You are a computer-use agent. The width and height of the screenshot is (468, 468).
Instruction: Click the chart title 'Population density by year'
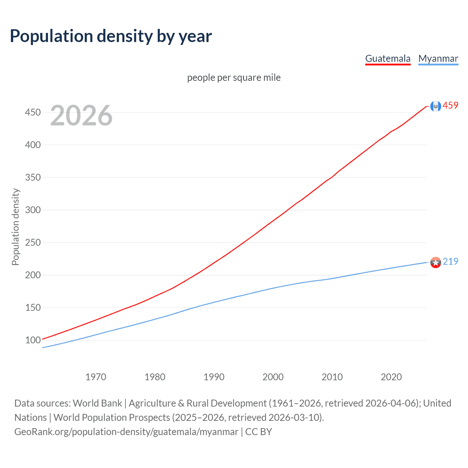click(111, 36)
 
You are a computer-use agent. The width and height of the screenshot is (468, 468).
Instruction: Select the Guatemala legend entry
click(388, 58)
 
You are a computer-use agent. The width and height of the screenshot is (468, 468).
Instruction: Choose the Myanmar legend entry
click(438, 58)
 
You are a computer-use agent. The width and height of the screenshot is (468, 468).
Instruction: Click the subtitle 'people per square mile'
click(234, 78)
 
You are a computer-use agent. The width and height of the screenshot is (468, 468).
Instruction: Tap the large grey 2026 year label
click(81, 116)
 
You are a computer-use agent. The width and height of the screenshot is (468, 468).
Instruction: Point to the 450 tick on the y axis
click(33, 112)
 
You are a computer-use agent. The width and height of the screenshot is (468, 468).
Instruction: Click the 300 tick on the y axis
click(33, 210)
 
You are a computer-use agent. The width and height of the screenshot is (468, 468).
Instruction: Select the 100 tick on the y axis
click(33, 340)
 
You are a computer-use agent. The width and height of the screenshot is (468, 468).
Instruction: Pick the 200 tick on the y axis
click(33, 275)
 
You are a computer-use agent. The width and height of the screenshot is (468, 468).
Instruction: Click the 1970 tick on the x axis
click(96, 377)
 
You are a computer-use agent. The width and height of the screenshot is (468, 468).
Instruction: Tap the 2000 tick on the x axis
click(273, 377)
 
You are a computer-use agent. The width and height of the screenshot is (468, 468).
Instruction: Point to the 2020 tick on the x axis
click(391, 377)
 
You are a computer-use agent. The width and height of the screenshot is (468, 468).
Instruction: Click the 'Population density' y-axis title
click(15, 227)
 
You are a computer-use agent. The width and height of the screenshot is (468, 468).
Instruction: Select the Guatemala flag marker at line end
click(435, 106)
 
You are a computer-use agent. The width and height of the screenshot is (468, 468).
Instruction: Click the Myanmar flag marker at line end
click(435, 262)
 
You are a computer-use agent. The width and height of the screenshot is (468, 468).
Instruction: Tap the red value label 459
click(450, 106)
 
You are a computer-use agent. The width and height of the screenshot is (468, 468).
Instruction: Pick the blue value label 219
click(450, 261)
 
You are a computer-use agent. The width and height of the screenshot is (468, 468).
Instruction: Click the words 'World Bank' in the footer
click(97, 403)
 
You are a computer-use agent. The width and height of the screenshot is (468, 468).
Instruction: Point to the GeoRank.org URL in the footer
click(126, 432)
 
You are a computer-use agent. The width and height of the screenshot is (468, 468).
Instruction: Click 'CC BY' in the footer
click(258, 432)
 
